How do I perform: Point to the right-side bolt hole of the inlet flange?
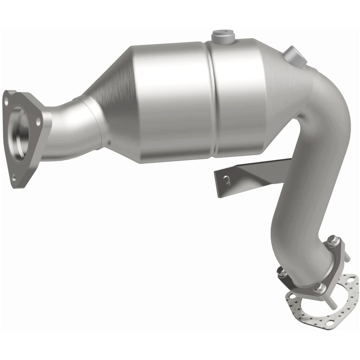click(x=39, y=121)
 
